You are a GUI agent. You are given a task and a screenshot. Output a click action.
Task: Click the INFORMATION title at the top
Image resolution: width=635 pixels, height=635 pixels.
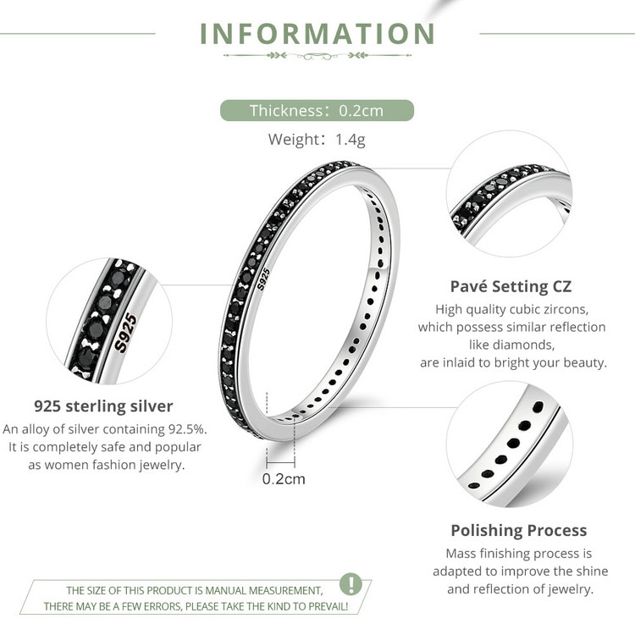pos(317,34)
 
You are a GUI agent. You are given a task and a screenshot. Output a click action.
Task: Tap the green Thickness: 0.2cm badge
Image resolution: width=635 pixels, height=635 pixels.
pos(317,111)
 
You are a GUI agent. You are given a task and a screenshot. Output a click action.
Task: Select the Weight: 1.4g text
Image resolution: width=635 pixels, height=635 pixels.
pos(317,140)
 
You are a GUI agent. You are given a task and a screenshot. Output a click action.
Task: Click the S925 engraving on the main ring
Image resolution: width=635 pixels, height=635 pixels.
pos(263,279)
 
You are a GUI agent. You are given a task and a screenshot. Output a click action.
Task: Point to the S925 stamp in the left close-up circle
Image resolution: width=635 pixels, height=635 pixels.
pos(126,333)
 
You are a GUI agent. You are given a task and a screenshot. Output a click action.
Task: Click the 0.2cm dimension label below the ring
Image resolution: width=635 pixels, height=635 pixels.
pos(284,478)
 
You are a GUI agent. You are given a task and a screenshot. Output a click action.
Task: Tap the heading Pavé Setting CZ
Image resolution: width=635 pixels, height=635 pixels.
pos(511,286)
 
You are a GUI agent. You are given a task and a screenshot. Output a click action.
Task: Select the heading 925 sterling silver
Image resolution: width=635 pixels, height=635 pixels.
pos(103,406)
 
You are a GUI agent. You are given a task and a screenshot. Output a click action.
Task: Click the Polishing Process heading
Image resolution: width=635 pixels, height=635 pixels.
pos(519,531)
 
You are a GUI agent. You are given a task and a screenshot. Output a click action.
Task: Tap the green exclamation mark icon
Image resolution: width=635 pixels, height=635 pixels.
pos(351,583)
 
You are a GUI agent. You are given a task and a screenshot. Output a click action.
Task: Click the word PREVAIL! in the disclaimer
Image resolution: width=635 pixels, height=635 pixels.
pos(328,606)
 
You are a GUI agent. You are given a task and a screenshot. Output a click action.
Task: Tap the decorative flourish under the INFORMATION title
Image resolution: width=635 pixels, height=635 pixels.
pos(317,56)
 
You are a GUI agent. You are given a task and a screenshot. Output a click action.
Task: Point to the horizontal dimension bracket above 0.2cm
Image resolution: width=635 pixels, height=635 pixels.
pos(280,462)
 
